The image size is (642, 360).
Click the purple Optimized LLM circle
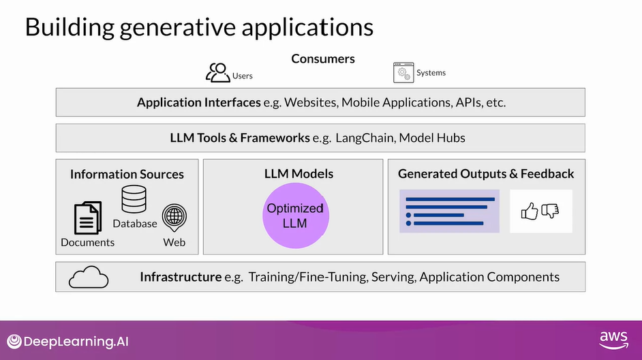coord(296,215)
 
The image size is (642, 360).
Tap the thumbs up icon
coord(530,211)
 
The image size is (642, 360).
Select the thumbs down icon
coord(550,211)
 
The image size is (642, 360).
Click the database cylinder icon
coord(134,199)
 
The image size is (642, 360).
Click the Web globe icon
coord(174,217)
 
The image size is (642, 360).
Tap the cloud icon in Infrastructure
coord(89,277)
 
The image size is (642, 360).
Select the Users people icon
coord(218,72)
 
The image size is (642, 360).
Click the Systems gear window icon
coord(403,72)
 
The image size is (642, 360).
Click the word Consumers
coord(323,59)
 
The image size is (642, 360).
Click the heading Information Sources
coord(127,175)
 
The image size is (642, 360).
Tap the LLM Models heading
coord(299,174)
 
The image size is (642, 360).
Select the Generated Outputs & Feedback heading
coord(486,174)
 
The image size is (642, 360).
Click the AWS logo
coord(613,339)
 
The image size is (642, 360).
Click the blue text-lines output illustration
coord(449,211)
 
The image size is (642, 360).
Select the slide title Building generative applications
coord(199,27)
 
